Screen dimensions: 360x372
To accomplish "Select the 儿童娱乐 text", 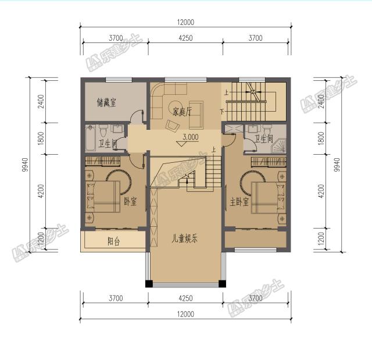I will [185, 238].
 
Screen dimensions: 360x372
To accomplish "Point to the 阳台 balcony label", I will [113, 241].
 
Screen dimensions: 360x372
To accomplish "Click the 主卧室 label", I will [239, 202].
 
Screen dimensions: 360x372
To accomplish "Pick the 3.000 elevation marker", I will [190, 138].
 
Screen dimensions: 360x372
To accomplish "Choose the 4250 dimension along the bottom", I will [185, 298].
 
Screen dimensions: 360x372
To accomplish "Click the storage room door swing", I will [137, 116].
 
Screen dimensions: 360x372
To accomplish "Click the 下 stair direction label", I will [221, 111].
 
